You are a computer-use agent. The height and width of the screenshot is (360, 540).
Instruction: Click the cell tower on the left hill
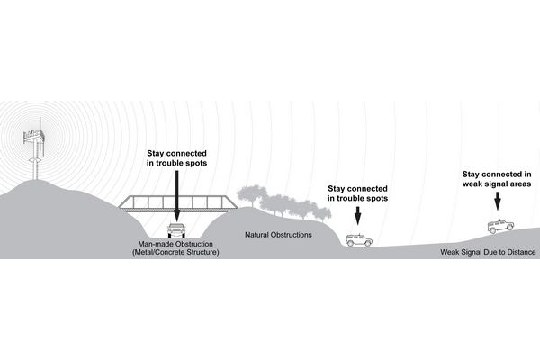click(x=35, y=153)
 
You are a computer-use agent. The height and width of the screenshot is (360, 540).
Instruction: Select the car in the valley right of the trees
click(x=359, y=239)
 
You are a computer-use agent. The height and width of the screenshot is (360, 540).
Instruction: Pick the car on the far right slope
click(x=497, y=226)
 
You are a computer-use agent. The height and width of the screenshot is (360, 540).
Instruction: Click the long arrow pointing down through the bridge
click(x=176, y=193)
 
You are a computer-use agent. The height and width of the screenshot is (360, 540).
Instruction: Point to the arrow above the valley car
click(x=358, y=216)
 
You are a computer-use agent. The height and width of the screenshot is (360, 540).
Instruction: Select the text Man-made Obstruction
click(x=176, y=244)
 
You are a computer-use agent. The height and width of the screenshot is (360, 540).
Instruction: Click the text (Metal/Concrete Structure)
click(x=175, y=253)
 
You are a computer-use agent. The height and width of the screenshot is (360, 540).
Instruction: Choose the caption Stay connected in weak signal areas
click(x=497, y=177)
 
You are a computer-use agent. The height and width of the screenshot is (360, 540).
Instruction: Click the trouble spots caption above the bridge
click(x=175, y=158)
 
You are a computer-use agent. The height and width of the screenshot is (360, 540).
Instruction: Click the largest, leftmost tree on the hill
click(x=252, y=196)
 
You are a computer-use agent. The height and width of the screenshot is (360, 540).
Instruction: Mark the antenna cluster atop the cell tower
click(x=35, y=135)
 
